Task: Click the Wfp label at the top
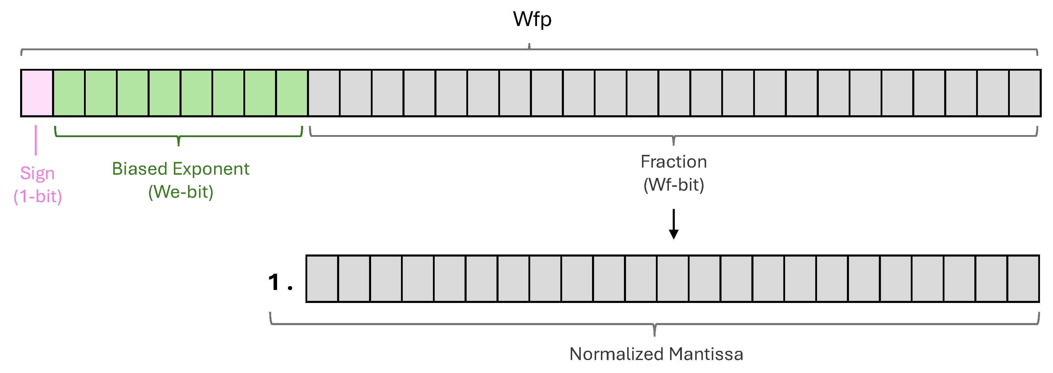click(x=532, y=19)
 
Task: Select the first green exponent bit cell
click(x=69, y=93)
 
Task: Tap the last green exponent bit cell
click(x=292, y=93)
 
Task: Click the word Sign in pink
click(x=37, y=173)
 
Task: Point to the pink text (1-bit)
click(x=38, y=197)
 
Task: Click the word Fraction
click(x=674, y=162)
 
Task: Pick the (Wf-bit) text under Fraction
click(x=674, y=185)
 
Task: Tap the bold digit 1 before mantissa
click(x=274, y=282)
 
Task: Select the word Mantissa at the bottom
click(x=706, y=354)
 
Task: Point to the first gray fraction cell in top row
click(x=324, y=93)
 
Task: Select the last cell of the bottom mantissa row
click(x=1023, y=279)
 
